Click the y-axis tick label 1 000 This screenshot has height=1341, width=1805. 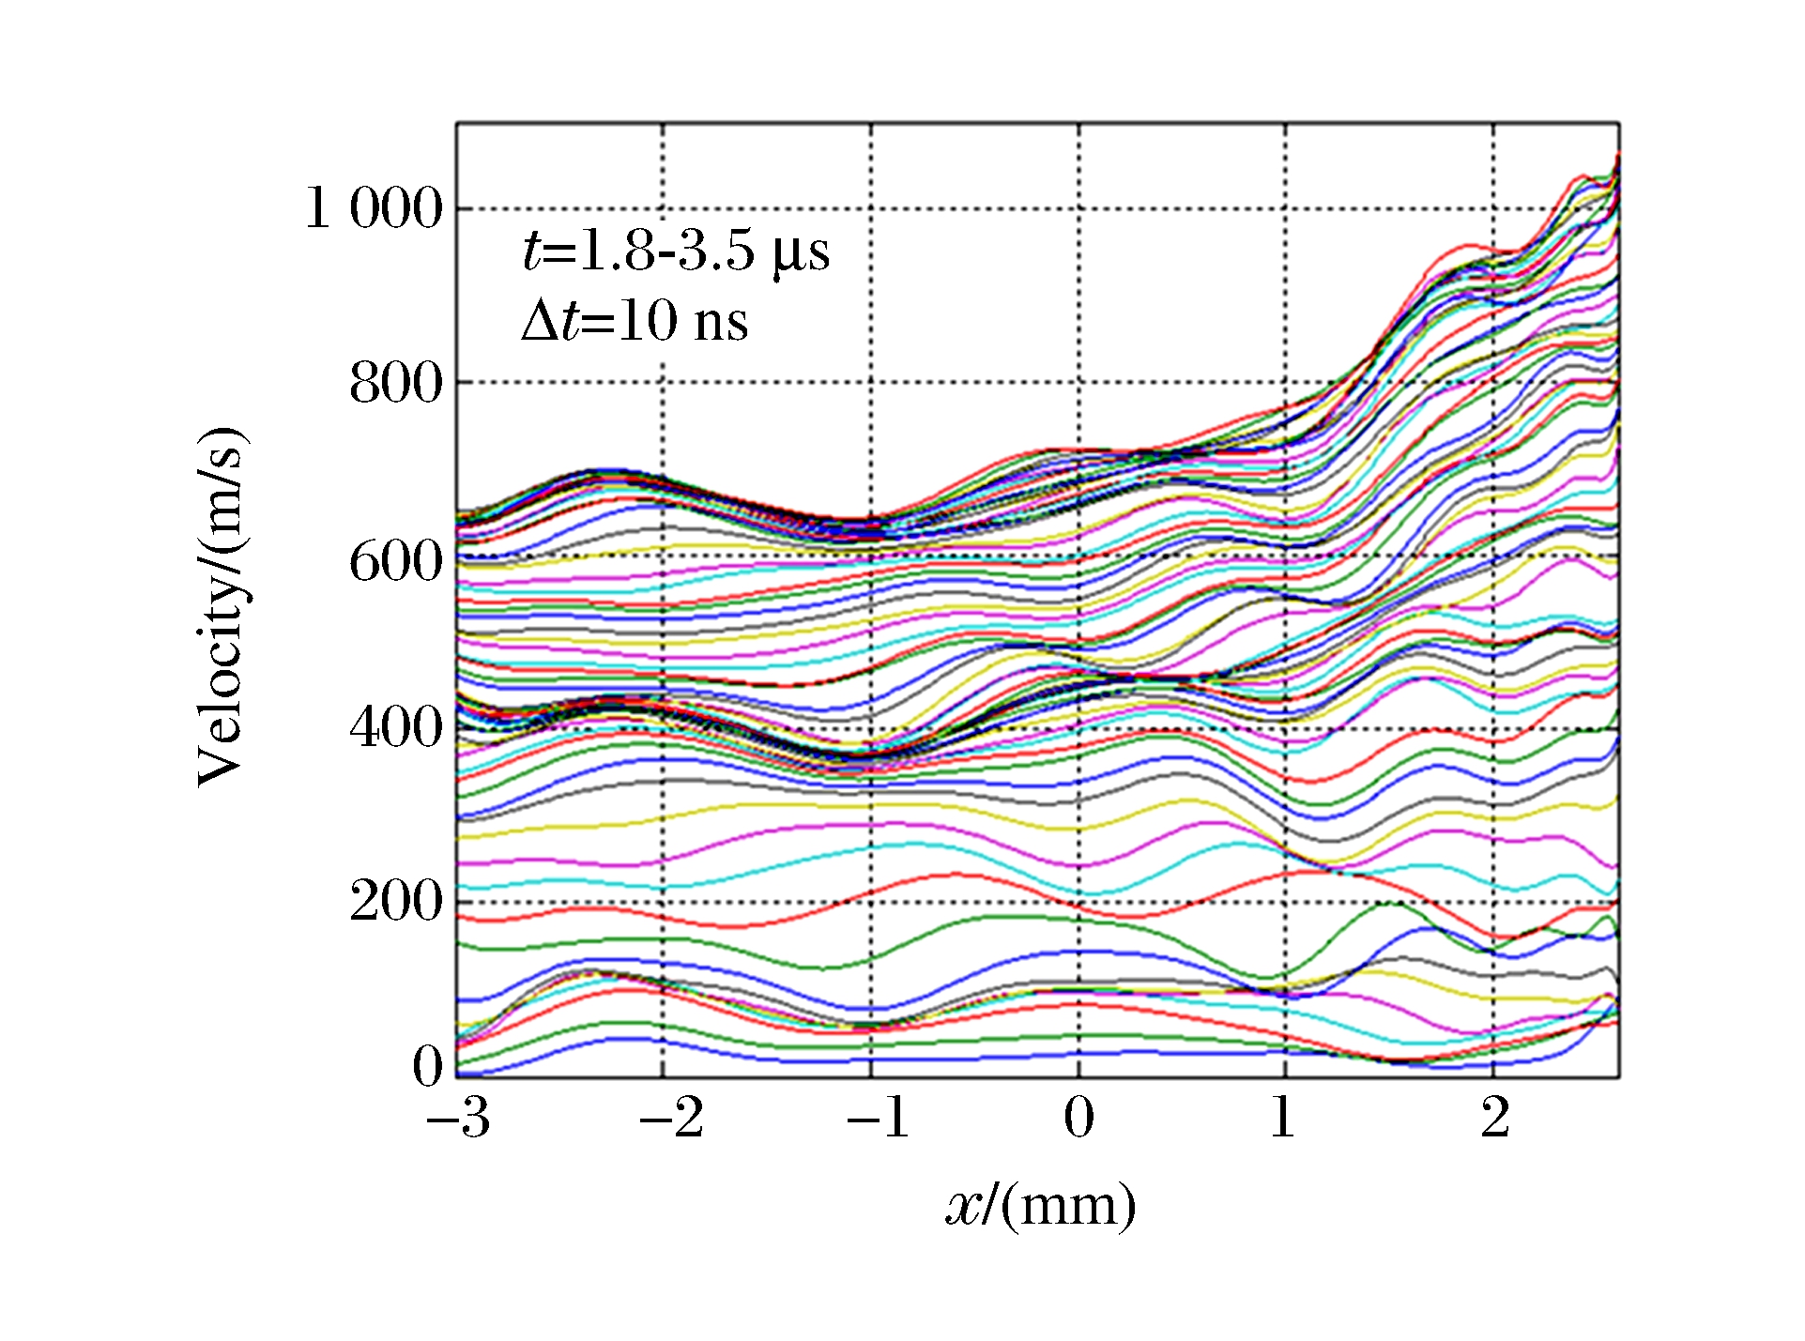click(x=374, y=207)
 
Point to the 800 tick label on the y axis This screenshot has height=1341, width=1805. click(x=395, y=383)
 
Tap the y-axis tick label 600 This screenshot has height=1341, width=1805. click(x=395, y=562)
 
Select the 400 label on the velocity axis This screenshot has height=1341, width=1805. click(x=395, y=726)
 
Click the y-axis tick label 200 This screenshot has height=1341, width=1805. click(x=395, y=901)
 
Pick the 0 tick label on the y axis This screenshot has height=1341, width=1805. click(x=427, y=1065)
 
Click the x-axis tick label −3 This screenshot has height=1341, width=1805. click(x=458, y=1117)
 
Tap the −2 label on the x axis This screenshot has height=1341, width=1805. click(x=670, y=1117)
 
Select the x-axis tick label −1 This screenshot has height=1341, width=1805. click(x=878, y=1117)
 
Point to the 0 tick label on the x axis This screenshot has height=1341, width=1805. click(x=1078, y=1117)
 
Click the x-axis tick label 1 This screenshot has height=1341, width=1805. click(x=1283, y=1117)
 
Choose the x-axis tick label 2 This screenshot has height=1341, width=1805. click(x=1494, y=1117)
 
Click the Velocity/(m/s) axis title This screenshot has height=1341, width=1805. click(x=222, y=605)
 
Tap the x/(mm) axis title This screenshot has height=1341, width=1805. click(x=1040, y=1206)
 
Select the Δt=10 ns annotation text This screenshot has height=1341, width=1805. click(x=635, y=321)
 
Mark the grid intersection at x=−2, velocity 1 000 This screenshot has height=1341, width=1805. click(x=663, y=208)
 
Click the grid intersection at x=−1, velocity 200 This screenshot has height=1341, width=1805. click(x=871, y=902)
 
